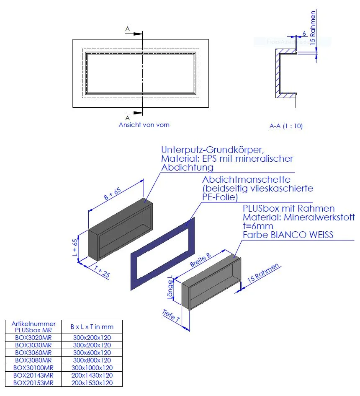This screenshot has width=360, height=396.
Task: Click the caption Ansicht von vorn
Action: (x=144, y=125)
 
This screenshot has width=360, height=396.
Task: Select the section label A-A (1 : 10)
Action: (x=286, y=126)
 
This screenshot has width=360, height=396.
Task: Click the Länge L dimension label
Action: (x=170, y=289)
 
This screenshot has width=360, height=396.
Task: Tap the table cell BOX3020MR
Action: (x=33, y=337)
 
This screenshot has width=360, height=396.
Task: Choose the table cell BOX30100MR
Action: (x=33, y=368)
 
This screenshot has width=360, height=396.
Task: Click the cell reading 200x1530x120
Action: (x=92, y=383)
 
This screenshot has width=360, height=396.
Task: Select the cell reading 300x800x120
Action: (x=92, y=360)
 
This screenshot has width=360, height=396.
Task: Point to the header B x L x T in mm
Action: (x=92, y=327)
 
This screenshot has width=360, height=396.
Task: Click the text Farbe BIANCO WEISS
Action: (x=288, y=235)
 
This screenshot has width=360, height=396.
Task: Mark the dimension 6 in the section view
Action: (x=304, y=34)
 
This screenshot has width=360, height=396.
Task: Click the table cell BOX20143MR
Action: (x=33, y=375)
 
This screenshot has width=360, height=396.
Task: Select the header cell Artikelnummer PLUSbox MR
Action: (x=33, y=327)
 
